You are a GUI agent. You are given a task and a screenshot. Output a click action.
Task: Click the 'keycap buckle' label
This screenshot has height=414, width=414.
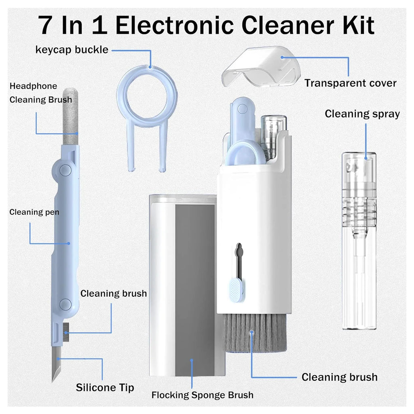(72, 50)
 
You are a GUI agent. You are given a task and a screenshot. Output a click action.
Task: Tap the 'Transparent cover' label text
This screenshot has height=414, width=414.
(350, 83)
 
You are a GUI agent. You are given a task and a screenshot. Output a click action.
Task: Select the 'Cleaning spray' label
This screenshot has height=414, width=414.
(362, 114)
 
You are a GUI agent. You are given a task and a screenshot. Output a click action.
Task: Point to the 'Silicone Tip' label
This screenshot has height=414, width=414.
(105, 387)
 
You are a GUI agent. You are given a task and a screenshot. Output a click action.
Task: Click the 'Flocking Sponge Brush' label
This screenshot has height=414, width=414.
(202, 395)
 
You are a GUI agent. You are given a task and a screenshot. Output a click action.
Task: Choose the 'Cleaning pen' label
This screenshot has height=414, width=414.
(34, 212)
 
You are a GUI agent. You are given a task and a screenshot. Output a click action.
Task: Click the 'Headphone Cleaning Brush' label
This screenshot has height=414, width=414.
(40, 93)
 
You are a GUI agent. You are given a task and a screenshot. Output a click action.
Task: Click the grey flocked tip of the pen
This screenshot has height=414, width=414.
(71, 117)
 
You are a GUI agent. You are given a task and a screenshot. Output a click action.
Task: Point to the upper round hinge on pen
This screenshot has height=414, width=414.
(65, 170)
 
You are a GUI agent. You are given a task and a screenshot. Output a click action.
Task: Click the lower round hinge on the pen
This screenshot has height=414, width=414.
(65, 304)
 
